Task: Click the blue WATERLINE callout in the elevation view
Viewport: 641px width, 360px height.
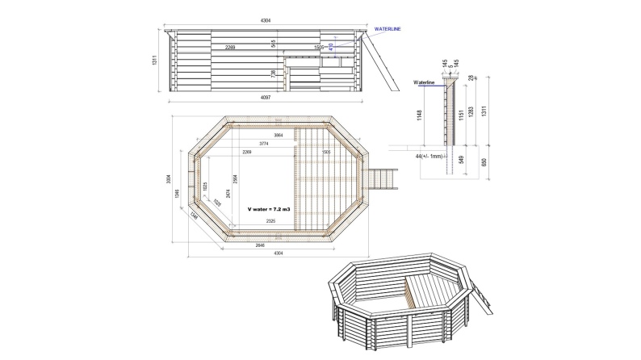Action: click(388, 29)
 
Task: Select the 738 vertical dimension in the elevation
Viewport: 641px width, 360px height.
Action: click(274, 73)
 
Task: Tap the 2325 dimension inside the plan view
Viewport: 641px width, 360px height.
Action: click(271, 220)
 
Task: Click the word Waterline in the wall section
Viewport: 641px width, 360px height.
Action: click(424, 82)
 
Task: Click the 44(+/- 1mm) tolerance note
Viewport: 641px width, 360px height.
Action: click(429, 155)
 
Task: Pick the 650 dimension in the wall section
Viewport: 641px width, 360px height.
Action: click(484, 161)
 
